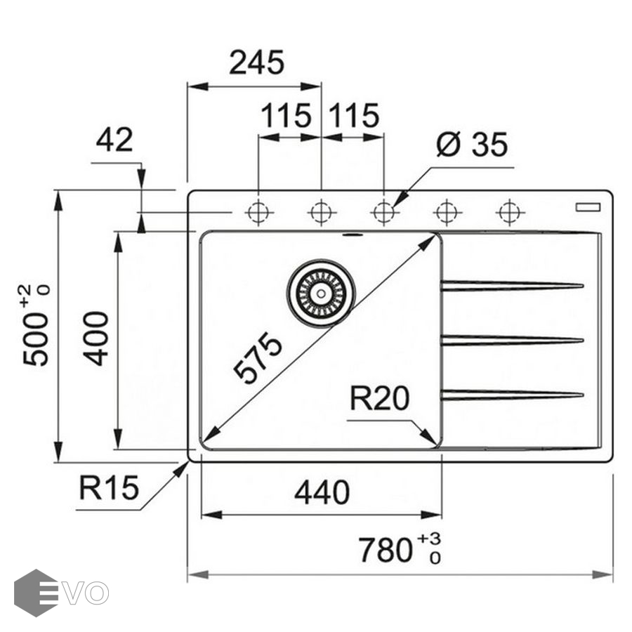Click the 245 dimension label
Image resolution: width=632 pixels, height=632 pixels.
(256, 63)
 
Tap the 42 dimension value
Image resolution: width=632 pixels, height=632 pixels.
(114, 140)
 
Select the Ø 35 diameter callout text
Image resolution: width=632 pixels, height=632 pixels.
(471, 145)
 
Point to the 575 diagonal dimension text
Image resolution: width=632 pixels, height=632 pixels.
(259, 358)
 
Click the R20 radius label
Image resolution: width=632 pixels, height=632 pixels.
(379, 400)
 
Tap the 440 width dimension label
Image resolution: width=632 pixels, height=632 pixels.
(322, 493)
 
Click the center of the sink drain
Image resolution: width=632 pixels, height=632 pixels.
(321, 294)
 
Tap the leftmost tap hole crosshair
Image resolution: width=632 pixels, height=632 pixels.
(258, 211)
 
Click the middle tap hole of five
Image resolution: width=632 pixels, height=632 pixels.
(383, 211)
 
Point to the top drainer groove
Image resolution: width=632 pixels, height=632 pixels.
(512, 286)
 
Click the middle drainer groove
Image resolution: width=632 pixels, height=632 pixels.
(512, 341)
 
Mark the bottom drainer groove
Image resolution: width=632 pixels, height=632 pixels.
(512, 395)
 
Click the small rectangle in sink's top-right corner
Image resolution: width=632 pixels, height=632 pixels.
(588, 206)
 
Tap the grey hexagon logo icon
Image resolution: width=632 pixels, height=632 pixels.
(35, 593)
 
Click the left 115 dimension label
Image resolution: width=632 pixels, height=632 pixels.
(286, 115)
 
